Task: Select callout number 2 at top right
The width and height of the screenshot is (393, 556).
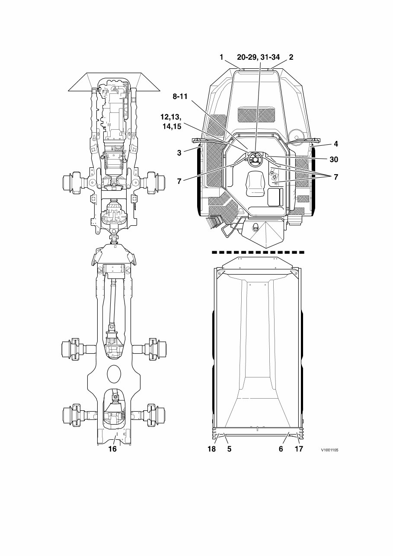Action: pos(291,57)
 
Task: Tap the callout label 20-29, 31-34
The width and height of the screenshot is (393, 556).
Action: pos(259,57)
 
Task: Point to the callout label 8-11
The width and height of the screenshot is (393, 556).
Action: pos(180,97)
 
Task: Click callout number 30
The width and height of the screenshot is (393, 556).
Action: pos(333,159)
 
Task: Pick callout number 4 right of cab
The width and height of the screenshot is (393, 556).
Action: pos(335,144)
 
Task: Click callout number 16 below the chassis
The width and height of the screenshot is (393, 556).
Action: pos(112,449)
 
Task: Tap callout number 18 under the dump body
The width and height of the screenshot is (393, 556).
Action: pos(211,449)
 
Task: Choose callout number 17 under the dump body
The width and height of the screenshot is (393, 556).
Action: pos(299,449)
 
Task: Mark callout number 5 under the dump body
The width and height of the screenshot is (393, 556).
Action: pos(229,449)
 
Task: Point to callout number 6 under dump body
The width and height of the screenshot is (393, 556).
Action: pos(281,449)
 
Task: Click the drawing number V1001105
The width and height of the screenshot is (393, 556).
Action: pos(329,450)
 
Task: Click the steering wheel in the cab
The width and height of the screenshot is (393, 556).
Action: pos(255,160)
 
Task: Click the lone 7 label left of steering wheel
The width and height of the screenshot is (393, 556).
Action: pos(179,181)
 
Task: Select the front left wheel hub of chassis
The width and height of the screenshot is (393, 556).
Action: pos(71,181)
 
